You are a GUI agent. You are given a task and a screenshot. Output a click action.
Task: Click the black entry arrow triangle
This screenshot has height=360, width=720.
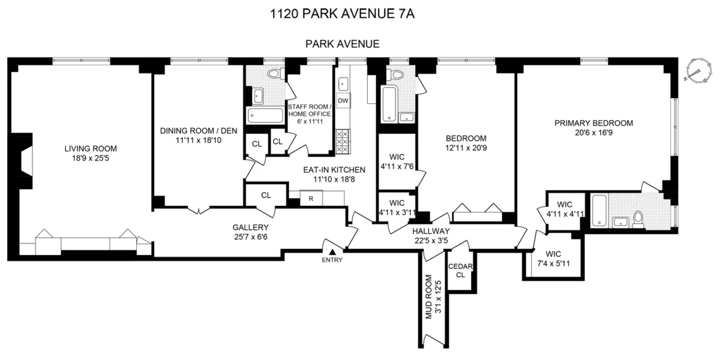pyautogui.click(x=331, y=249)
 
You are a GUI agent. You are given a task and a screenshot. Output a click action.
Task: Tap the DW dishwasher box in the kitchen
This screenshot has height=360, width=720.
pyautogui.click(x=343, y=100)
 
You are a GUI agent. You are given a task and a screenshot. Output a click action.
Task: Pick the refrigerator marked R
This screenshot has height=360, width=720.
pyautogui.click(x=311, y=199)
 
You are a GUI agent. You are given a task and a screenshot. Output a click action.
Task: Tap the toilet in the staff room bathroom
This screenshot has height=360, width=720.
pyautogui.click(x=275, y=74)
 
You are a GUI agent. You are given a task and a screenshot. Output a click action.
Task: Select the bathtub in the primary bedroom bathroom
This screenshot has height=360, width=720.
pyautogui.click(x=598, y=211)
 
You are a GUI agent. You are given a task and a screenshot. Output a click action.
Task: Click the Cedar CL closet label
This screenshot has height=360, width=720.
pyautogui.click(x=461, y=271)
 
